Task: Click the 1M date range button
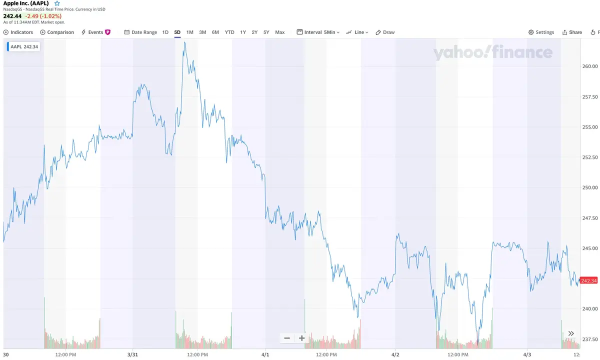click(x=190, y=32)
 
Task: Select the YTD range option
click(x=229, y=32)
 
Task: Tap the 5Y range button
click(x=266, y=32)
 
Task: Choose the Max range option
click(x=280, y=32)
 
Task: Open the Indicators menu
click(x=18, y=32)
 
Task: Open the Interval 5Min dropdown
click(x=318, y=32)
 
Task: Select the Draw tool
click(x=385, y=32)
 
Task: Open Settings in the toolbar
click(x=541, y=32)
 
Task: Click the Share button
click(x=572, y=32)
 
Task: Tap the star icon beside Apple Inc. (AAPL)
click(x=57, y=3)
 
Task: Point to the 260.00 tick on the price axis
click(x=590, y=66)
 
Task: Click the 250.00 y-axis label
click(x=590, y=187)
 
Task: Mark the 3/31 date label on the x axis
click(x=132, y=354)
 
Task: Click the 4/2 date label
click(x=395, y=354)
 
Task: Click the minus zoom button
click(x=287, y=338)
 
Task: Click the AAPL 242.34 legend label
click(x=23, y=47)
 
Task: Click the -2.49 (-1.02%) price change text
click(x=43, y=16)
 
